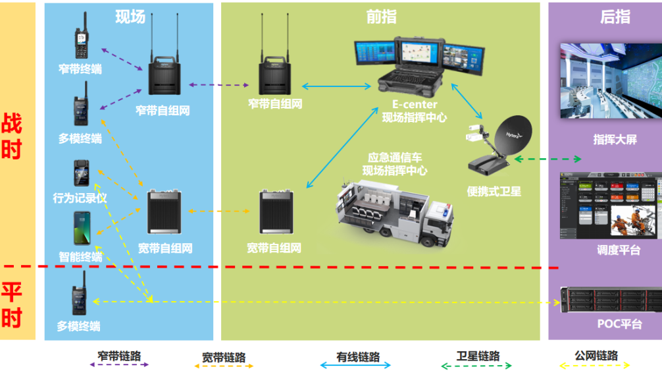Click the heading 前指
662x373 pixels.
tap(381, 16)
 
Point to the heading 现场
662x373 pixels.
tap(130, 16)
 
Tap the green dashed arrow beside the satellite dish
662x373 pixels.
tap(549, 158)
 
